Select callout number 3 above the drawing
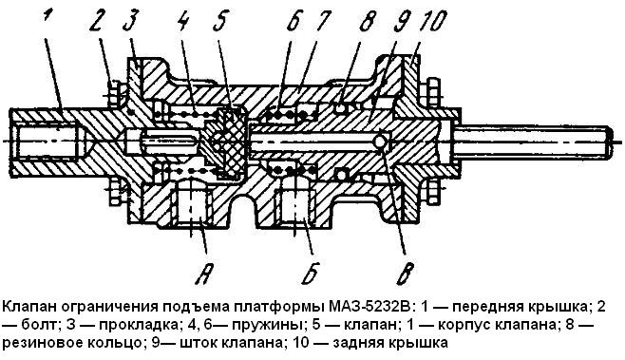(x=129, y=22)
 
